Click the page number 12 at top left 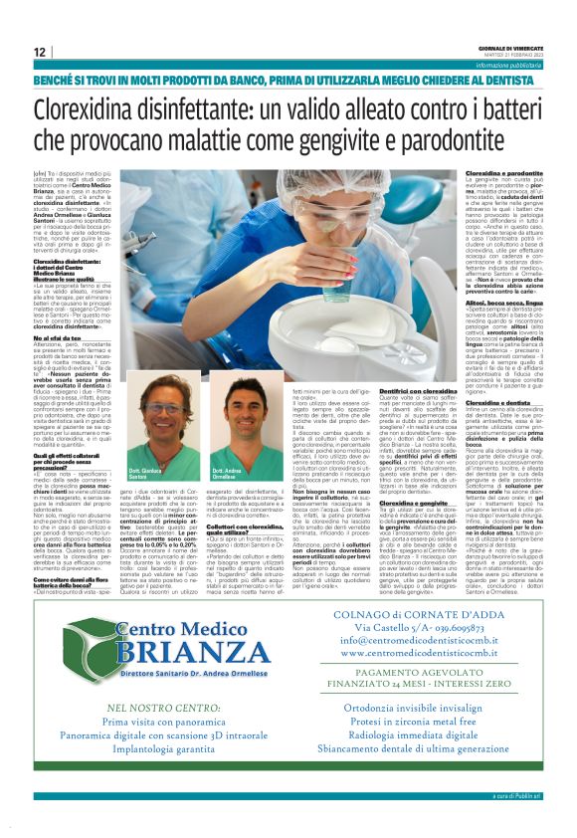pos(39,52)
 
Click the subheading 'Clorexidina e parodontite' pos(504,172)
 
